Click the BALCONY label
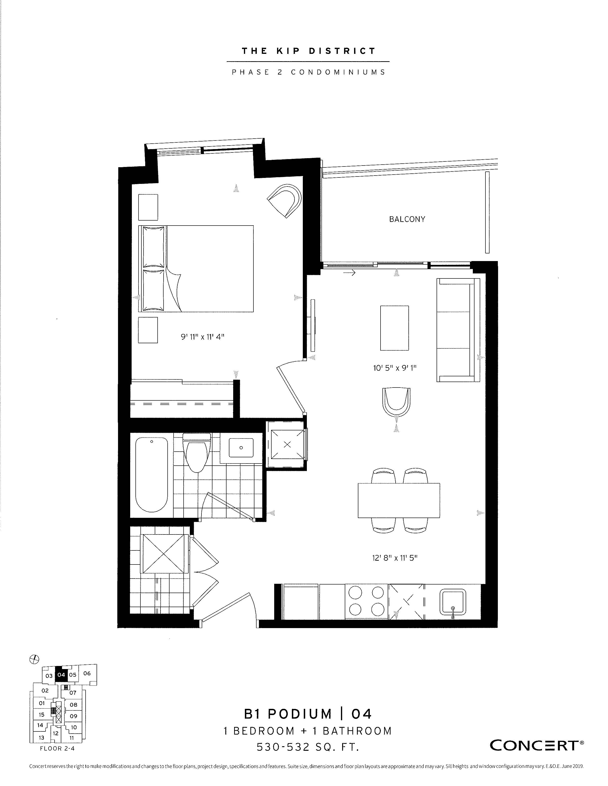point(407,219)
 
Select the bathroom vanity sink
point(241,447)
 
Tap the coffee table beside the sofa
point(394,328)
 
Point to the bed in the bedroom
point(196,268)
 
